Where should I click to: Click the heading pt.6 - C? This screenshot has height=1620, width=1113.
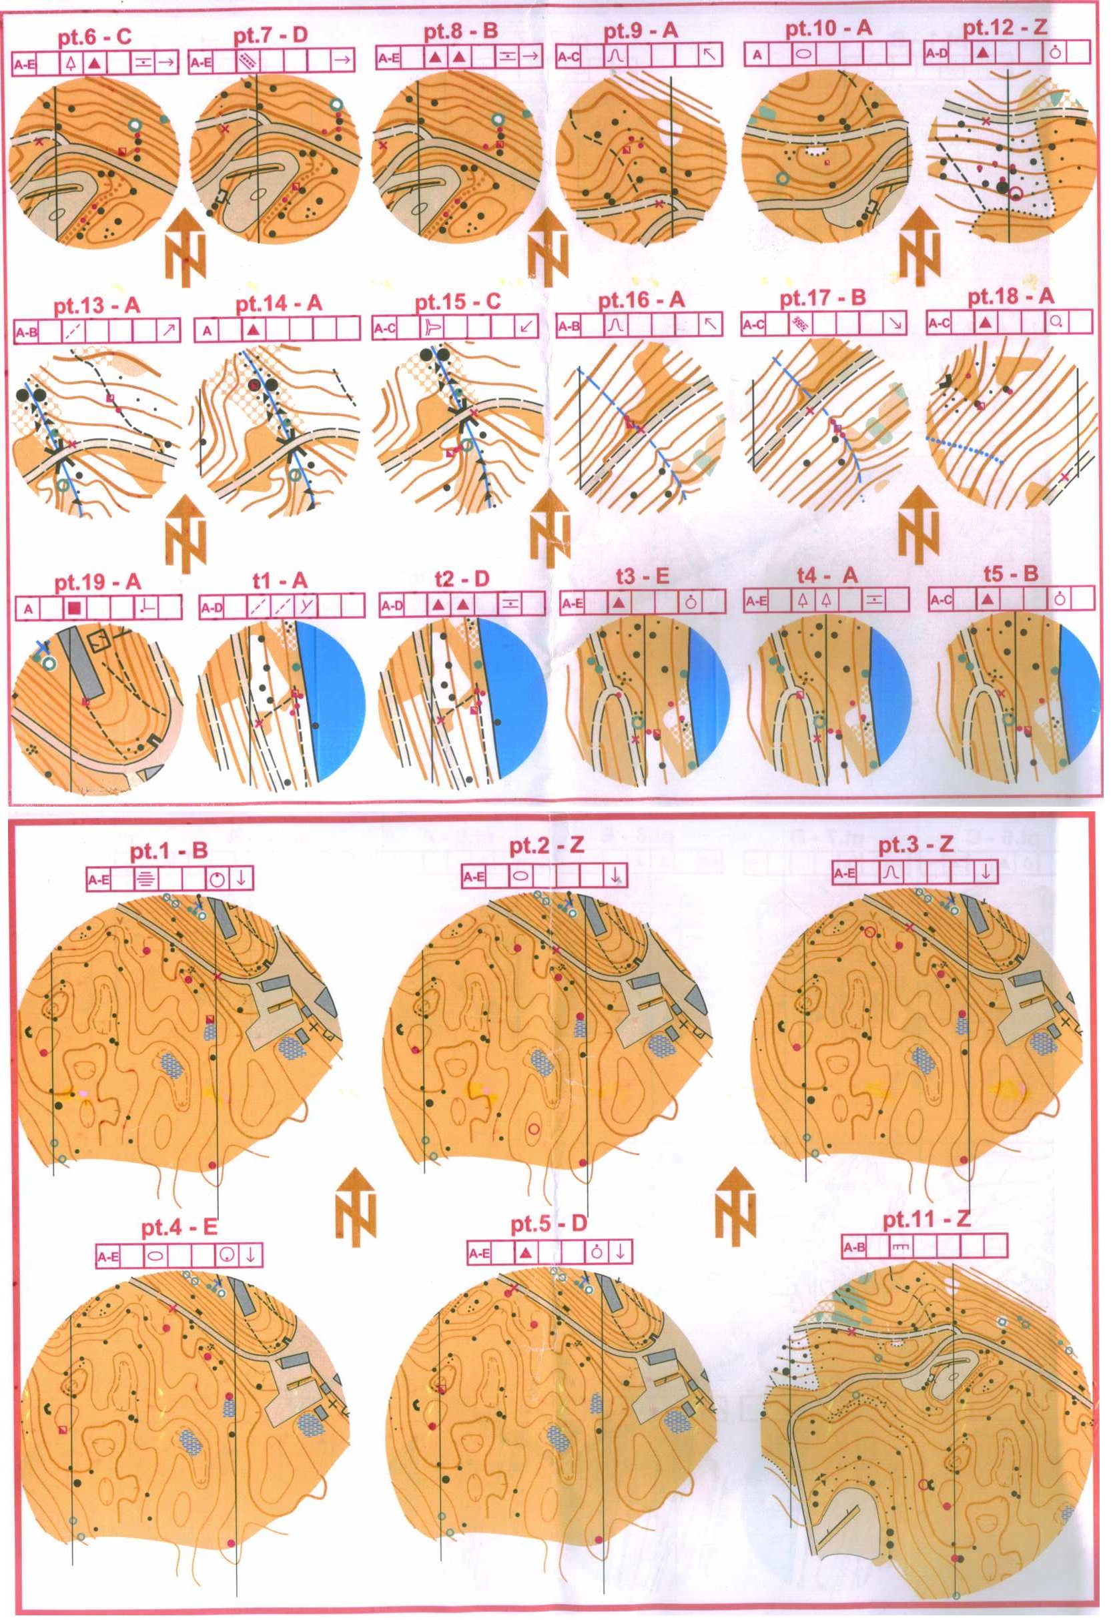(x=95, y=37)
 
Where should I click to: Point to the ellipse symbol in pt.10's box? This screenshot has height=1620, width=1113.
(x=803, y=53)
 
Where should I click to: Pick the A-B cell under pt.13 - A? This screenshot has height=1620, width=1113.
(x=27, y=332)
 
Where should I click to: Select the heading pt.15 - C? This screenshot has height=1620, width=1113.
(x=458, y=304)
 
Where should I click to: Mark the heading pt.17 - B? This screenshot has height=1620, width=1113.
(x=823, y=298)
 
